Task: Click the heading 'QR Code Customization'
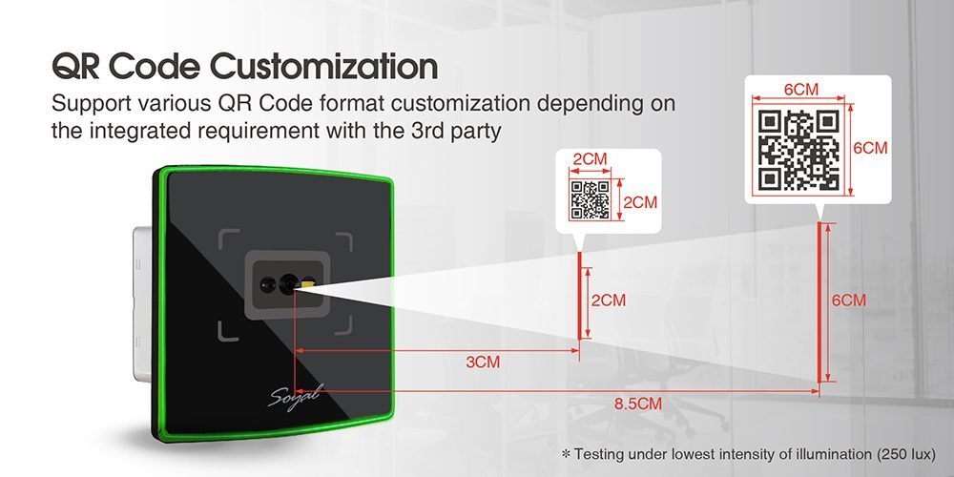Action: (x=244, y=67)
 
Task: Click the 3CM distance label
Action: (x=483, y=362)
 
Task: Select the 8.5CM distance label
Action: (x=637, y=404)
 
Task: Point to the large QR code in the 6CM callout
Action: (x=799, y=150)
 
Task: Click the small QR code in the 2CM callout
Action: (x=590, y=199)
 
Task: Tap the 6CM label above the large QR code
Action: (x=800, y=90)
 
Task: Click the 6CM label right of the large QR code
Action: (x=870, y=148)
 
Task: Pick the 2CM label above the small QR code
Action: (x=591, y=159)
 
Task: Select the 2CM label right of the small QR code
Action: (x=640, y=202)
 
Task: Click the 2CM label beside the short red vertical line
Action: (x=609, y=301)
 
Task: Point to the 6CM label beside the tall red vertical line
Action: (x=849, y=301)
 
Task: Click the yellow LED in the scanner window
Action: (x=308, y=283)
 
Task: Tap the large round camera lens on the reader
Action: (x=288, y=284)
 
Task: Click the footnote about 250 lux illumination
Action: (x=748, y=454)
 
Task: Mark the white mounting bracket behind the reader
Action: (x=142, y=303)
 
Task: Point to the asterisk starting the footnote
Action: (x=566, y=453)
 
